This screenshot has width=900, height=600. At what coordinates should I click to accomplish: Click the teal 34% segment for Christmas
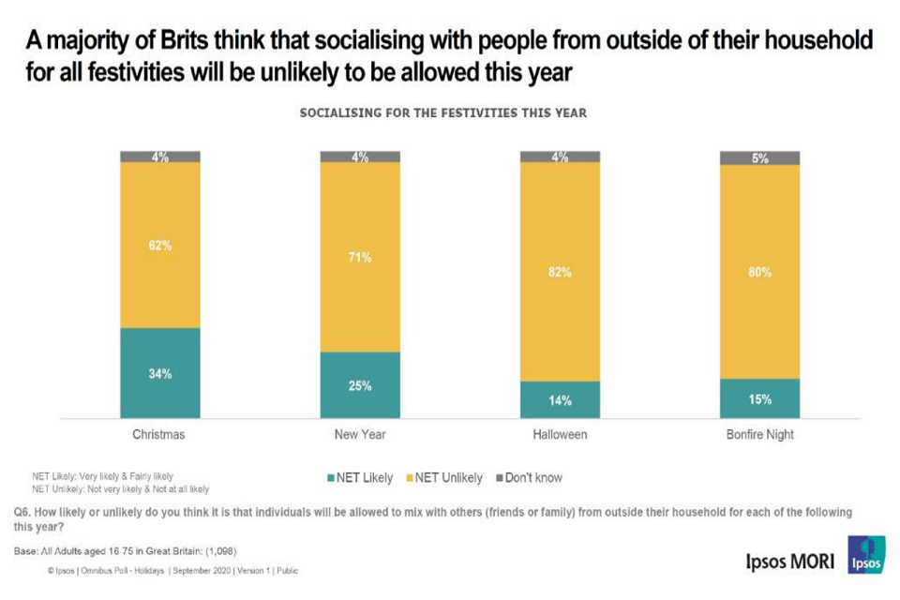[159, 373]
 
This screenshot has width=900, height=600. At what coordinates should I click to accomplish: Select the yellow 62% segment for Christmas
[159, 246]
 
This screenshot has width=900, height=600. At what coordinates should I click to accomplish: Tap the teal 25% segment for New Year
[360, 385]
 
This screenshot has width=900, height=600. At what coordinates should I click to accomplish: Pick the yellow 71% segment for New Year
[360, 257]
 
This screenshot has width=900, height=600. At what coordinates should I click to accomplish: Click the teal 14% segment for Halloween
[560, 399]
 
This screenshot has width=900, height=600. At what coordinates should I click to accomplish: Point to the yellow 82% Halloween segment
[560, 272]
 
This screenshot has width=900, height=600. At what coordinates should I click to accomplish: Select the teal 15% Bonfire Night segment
[759, 398]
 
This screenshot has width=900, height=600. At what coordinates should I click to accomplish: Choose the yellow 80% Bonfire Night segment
[759, 272]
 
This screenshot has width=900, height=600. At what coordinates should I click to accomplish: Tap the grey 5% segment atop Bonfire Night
[759, 158]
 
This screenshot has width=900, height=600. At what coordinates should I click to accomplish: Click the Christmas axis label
[159, 435]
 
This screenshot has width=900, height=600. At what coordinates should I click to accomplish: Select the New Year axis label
[360, 435]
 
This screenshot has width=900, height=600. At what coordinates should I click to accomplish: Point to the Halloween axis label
[560, 435]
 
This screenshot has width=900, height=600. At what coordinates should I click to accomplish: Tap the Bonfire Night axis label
[759, 435]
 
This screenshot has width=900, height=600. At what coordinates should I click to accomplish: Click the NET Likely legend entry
[359, 478]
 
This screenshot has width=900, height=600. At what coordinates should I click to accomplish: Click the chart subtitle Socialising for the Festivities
[442, 113]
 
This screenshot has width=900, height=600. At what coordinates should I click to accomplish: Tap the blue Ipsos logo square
[865, 554]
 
